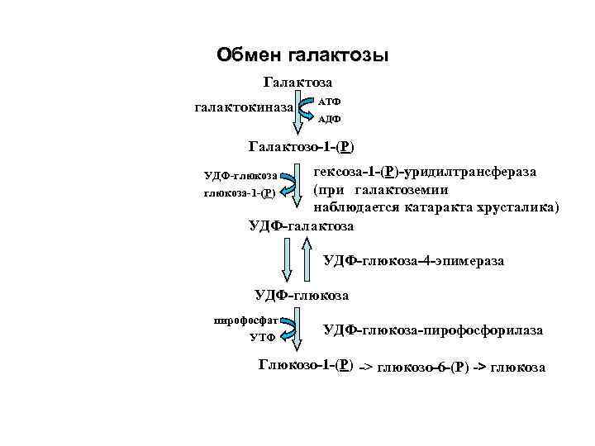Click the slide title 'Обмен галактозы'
(302, 55)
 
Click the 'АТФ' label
(330, 100)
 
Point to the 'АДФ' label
(330, 119)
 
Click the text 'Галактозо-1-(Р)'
(302, 148)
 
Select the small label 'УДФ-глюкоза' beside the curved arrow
(240, 176)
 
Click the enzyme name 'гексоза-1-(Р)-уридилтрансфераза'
(424, 172)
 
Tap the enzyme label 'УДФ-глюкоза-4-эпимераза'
(413, 261)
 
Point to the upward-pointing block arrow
(307, 259)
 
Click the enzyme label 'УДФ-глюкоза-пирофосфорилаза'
(433, 330)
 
